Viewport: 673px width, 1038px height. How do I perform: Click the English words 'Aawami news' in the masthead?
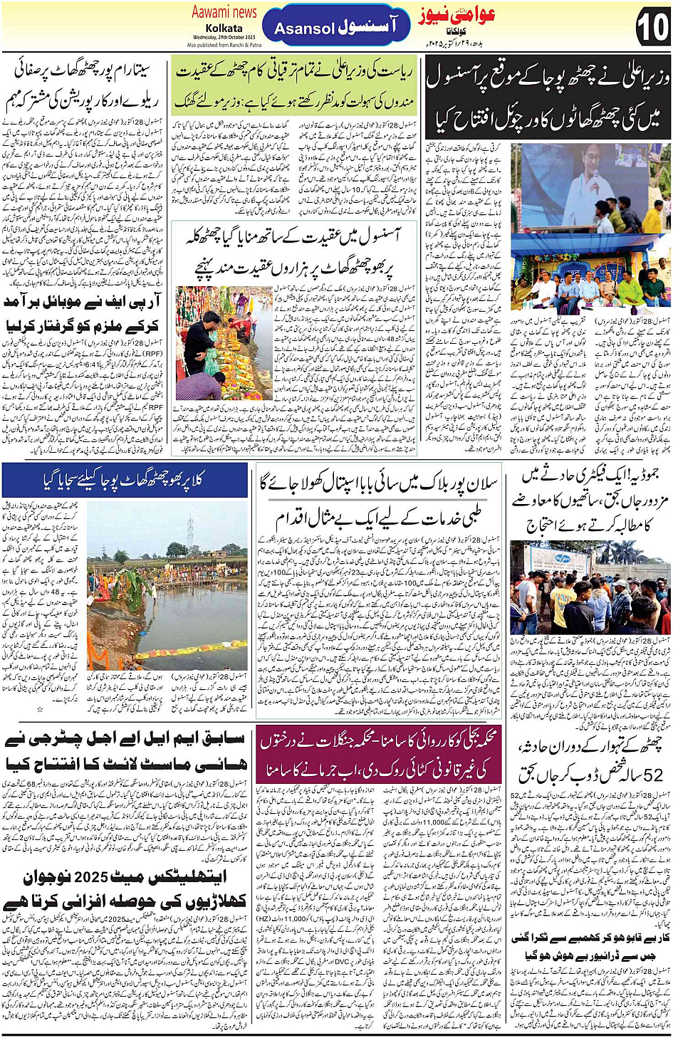[x=224, y=12]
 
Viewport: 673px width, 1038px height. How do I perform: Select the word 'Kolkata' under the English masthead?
[x=224, y=28]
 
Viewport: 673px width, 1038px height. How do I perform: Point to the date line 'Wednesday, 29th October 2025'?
[x=224, y=37]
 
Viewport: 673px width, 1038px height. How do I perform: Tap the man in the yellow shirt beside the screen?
[x=653, y=216]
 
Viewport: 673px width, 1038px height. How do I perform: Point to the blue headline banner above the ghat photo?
[x=125, y=481]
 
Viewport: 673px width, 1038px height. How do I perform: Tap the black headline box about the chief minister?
[x=548, y=100]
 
